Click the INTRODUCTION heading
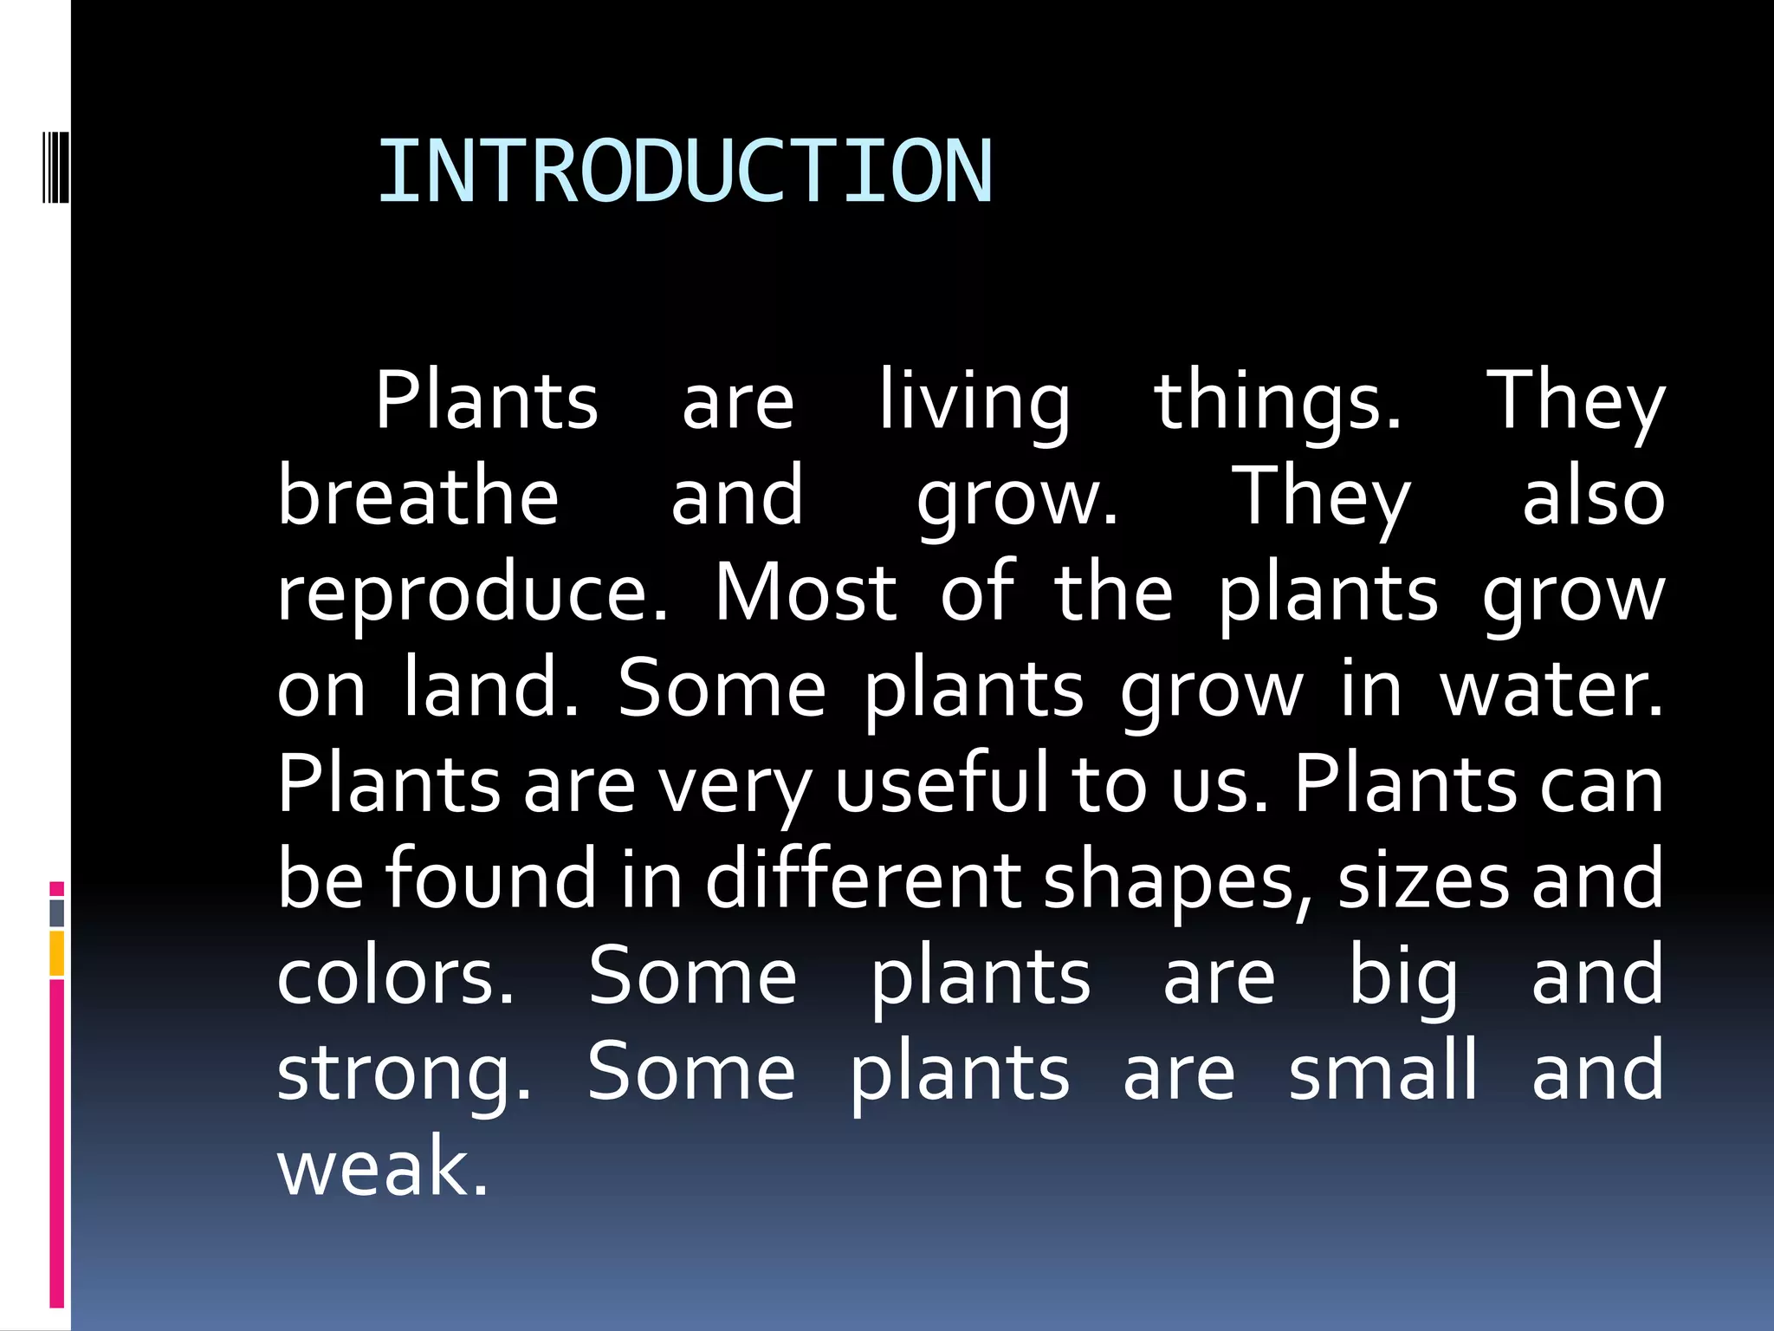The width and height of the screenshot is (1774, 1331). (x=684, y=172)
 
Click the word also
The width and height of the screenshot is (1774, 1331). (x=1593, y=498)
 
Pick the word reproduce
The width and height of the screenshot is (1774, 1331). (x=472, y=596)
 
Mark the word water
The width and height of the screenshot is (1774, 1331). (x=1551, y=690)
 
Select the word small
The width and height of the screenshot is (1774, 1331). (x=1382, y=1071)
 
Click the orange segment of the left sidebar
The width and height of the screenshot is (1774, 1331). (x=57, y=953)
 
